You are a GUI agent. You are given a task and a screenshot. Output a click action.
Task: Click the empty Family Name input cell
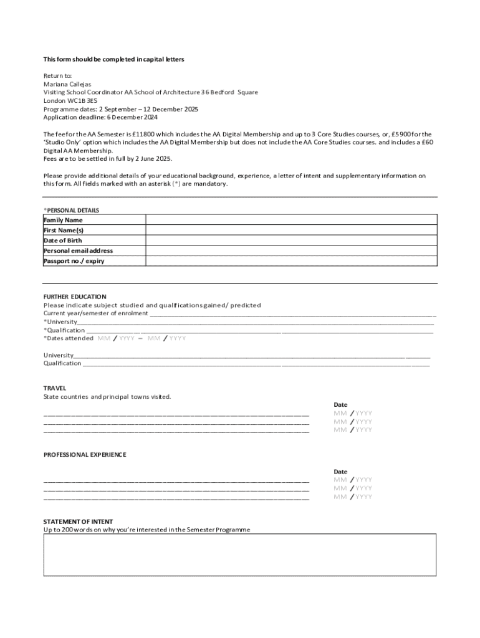tap(290, 220)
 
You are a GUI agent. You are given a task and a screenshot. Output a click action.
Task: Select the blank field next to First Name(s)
tap(290, 230)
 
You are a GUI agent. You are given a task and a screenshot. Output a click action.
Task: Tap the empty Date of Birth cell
tap(290, 240)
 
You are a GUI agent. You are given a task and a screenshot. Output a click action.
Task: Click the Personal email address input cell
tap(290, 250)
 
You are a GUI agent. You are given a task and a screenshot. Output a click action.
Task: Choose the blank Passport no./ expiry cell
tap(290, 261)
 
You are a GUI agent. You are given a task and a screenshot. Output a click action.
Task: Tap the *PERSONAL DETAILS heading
tap(71, 211)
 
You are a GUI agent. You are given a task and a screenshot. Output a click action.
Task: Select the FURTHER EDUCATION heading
tap(74, 297)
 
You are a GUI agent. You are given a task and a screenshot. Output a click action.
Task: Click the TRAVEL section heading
tap(54, 388)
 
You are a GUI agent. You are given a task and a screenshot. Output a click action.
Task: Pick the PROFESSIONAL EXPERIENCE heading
tap(84, 455)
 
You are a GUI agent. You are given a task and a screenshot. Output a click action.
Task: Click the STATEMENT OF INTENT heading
tap(78, 521)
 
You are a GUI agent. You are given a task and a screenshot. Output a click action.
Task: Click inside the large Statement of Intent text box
tap(239, 555)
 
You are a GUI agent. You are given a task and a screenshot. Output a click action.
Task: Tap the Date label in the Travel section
tap(340, 405)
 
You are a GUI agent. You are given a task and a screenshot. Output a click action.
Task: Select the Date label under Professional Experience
tap(340, 472)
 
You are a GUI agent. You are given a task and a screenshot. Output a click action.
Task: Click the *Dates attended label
tap(68, 338)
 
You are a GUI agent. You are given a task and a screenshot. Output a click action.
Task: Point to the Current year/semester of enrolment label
tap(95, 313)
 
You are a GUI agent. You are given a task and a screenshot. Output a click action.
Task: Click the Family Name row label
tap(63, 220)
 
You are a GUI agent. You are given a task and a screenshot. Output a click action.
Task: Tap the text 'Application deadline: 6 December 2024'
tap(100, 117)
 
